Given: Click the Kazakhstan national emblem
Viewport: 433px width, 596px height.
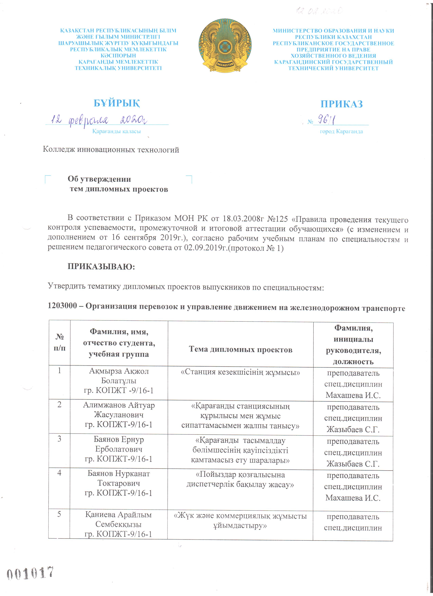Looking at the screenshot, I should pyautogui.click(x=225, y=45).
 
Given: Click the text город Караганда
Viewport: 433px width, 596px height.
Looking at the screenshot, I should pyautogui.click(x=341, y=131).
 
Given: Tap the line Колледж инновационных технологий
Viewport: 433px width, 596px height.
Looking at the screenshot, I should pyautogui.click(x=111, y=150).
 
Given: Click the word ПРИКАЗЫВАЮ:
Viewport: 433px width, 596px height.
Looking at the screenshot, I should pyautogui.click(x=101, y=266).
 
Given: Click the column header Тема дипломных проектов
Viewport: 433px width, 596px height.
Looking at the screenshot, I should pyautogui.click(x=240, y=349).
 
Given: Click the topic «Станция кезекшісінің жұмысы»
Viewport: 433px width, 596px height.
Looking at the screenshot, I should pyautogui.click(x=240, y=372).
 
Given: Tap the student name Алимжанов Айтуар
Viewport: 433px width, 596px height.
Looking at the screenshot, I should pyautogui.click(x=119, y=405).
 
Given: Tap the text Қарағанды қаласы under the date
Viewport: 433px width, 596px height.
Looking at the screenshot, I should pyautogui.click(x=116, y=131).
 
